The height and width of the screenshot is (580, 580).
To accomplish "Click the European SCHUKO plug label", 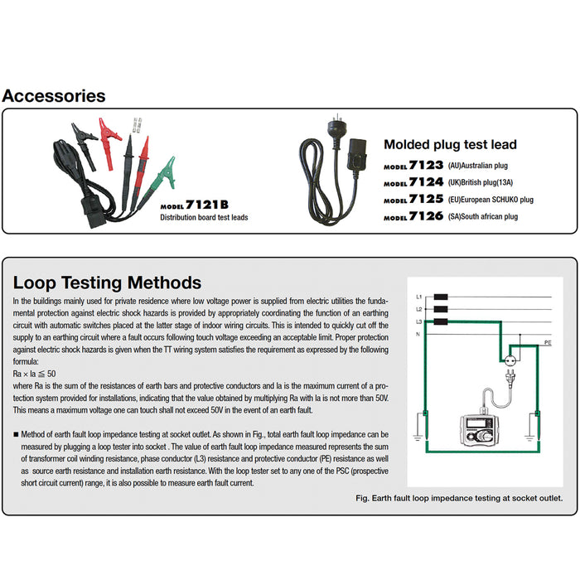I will [491, 200].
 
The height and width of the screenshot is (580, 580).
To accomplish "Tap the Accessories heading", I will [54, 95].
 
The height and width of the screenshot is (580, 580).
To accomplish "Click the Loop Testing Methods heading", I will [108, 283].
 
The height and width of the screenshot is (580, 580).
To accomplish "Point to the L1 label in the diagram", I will [420, 297].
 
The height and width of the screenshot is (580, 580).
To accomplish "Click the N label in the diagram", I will [419, 334].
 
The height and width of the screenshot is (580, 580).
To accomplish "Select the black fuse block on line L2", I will [442, 308].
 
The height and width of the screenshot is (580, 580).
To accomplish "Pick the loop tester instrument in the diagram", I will [477, 432].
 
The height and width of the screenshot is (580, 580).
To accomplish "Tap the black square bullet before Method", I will [17, 434].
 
